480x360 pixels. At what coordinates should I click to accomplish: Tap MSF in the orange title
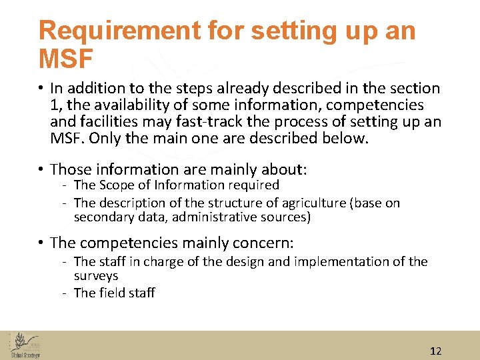pos(65,59)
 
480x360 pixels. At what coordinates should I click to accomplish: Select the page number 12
pos(436,351)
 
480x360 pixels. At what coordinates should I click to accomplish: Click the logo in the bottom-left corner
pos(25,344)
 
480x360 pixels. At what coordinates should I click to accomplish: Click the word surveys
pos(96,275)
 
